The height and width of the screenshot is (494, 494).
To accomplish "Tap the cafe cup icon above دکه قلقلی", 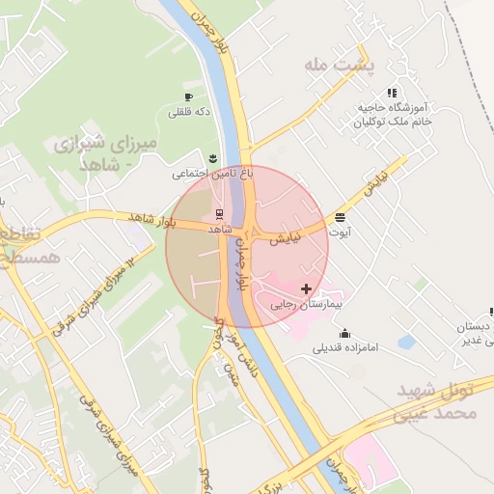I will [189, 97].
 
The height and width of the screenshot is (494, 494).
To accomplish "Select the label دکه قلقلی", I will [189, 113].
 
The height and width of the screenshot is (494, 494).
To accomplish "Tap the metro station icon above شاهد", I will [219, 214].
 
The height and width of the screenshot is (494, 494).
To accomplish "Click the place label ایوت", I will [341, 233].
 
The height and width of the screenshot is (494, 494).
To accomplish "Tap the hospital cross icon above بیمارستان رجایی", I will [307, 288].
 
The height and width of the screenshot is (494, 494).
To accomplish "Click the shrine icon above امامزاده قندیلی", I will [345, 334].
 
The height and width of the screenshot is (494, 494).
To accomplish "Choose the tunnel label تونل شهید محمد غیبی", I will [450, 403].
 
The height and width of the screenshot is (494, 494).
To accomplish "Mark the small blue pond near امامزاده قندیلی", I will [406, 342].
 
